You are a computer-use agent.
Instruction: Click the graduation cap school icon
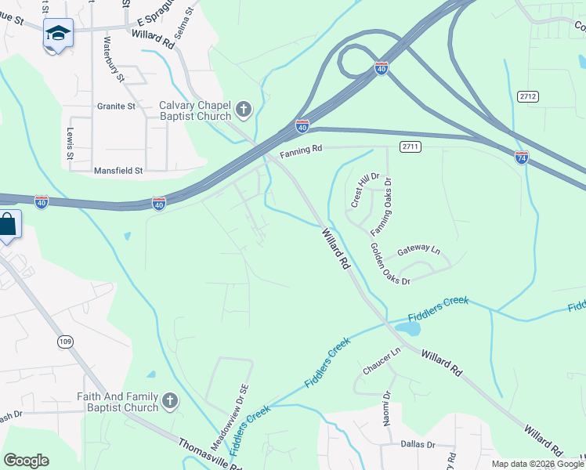click(58, 33)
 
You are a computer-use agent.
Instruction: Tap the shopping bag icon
click(7, 224)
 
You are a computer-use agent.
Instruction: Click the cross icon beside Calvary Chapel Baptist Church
click(243, 110)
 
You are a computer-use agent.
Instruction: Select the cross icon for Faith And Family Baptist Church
click(169, 403)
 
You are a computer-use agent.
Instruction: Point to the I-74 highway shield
click(522, 157)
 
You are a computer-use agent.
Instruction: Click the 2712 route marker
click(528, 96)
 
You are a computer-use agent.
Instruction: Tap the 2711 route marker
click(410, 146)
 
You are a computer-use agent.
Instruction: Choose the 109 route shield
click(65, 341)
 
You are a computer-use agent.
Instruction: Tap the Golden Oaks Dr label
click(389, 265)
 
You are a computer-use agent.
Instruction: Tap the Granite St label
click(116, 106)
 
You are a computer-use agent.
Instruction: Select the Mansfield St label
click(118, 170)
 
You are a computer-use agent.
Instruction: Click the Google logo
click(26, 461)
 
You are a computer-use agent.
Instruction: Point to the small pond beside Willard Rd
click(407, 327)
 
